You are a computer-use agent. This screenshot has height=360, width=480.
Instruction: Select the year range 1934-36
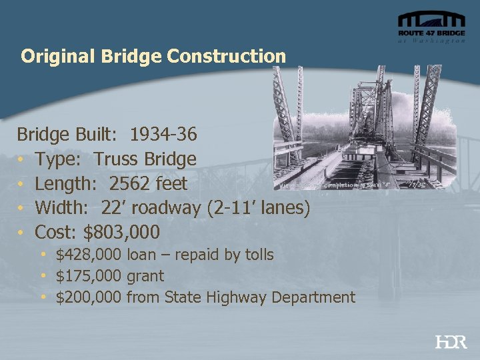click(x=163, y=135)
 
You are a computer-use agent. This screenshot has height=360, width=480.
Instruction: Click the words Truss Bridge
click(x=145, y=159)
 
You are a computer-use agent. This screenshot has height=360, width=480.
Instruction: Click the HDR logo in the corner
click(x=451, y=342)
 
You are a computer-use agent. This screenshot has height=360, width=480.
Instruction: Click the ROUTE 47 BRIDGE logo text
click(x=431, y=33)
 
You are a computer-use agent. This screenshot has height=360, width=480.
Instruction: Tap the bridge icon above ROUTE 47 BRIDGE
click(x=431, y=19)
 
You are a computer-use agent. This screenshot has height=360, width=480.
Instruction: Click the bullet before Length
click(x=22, y=184)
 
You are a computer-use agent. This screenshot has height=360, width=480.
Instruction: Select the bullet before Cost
click(x=22, y=233)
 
